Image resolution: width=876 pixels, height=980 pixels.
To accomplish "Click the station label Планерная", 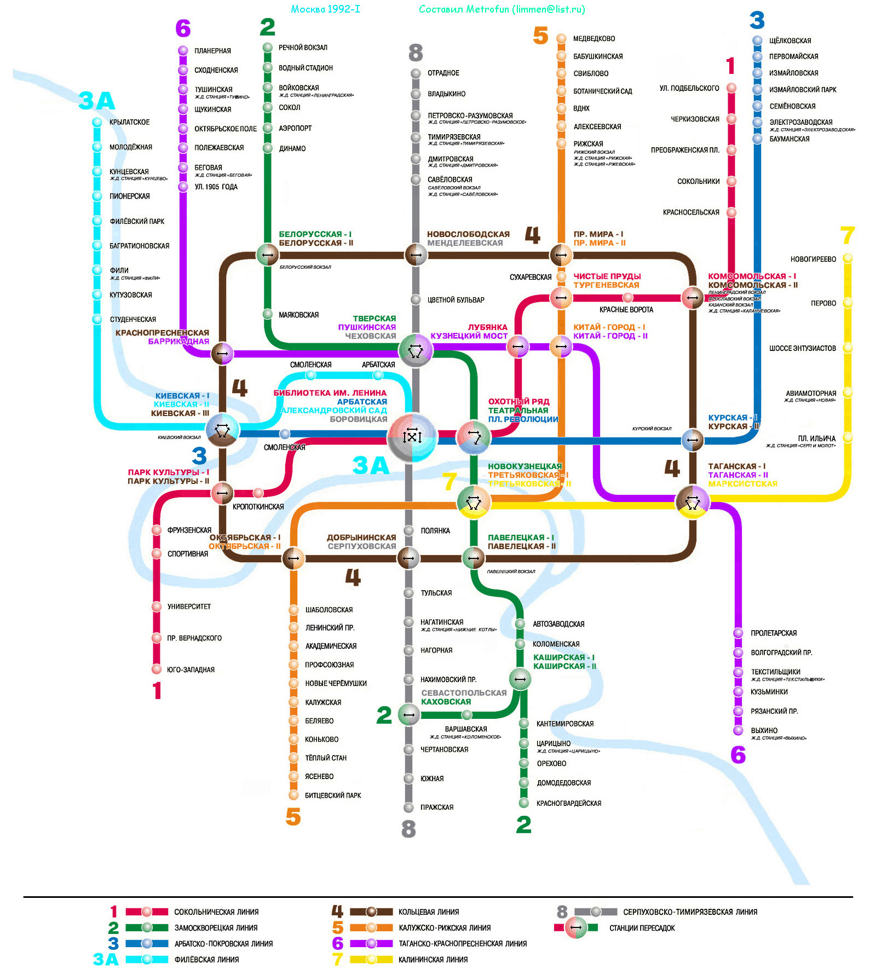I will point(212,51).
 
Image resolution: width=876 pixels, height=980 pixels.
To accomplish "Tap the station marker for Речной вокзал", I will point(268,48).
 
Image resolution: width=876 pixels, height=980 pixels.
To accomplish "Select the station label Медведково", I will point(593,39).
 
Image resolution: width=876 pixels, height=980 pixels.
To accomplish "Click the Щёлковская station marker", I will point(757,41).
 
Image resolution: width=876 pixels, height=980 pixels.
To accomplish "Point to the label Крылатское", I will point(129,122).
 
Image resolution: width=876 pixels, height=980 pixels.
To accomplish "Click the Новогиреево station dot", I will point(848,258).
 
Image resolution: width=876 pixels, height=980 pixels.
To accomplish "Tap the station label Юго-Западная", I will point(191,670).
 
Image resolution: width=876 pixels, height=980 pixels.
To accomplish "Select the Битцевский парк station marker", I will point(293,795).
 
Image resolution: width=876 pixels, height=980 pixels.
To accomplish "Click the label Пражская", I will point(436,807).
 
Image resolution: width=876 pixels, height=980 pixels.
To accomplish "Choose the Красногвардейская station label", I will point(568,803).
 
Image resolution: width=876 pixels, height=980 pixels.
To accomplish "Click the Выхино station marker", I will point(738,730).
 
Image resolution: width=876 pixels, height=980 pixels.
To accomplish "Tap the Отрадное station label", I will point(443,73).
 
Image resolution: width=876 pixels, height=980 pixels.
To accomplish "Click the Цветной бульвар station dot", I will point(416,299).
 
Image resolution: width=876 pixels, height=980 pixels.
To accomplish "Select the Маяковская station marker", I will point(268,314).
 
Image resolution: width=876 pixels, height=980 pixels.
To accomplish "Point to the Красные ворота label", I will point(626,310).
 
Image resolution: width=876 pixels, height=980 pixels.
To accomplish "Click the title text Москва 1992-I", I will point(325,9).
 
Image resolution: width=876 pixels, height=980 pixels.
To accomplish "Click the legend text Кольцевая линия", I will point(428,912).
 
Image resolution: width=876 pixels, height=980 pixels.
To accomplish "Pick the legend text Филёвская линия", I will point(206,959).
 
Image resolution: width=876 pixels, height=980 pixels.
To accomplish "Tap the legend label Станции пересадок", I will point(642,928).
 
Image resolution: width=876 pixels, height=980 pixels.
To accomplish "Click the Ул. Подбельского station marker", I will point(731,88).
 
